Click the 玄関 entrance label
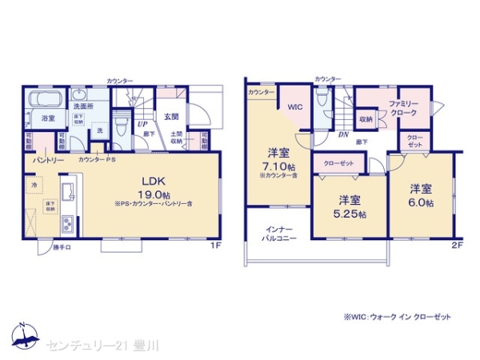coord(171,117)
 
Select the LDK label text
coord(154,180)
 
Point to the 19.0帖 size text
coord(154,194)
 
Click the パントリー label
coord(48,160)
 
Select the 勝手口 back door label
coord(62,247)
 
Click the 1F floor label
coord(215,245)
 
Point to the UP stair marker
coord(142,125)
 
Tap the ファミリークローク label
coord(404,109)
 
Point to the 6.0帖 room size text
coord(422,204)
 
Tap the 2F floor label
coord(456,244)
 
